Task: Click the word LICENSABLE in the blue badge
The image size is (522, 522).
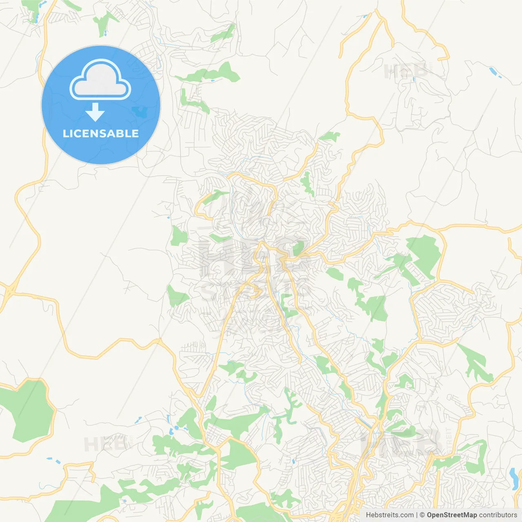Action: (101, 133)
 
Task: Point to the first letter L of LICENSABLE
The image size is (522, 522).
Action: (65, 133)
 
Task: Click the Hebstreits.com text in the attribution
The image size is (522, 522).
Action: (389, 515)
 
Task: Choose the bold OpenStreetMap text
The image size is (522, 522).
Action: (452, 515)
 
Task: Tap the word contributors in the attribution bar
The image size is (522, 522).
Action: (498, 515)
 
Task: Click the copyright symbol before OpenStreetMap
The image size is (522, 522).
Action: (422, 515)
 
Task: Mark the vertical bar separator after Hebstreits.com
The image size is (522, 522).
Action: (417, 515)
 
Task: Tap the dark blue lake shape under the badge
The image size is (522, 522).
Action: (140, 111)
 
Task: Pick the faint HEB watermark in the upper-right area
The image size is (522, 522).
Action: (406, 71)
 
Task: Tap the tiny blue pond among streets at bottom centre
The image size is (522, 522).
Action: (293, 462)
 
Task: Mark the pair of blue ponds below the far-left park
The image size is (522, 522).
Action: (53, 460)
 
